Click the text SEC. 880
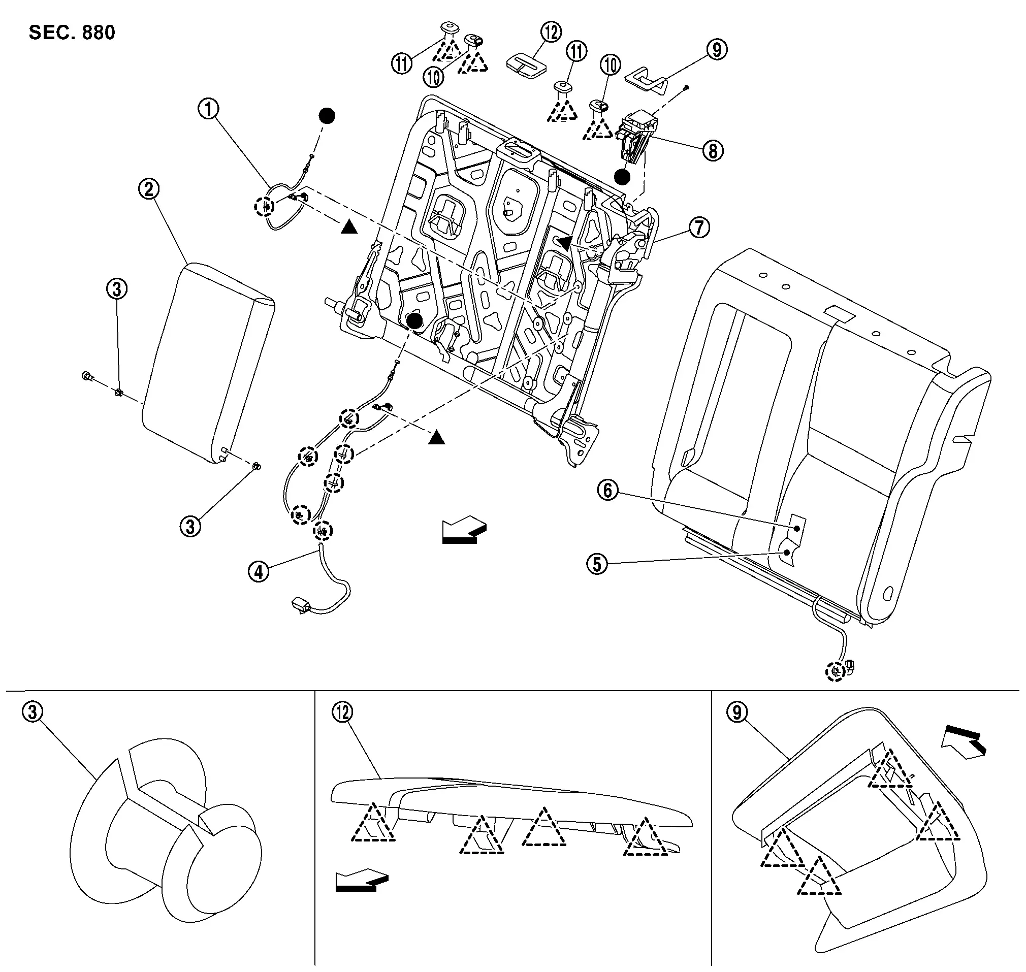(72, 33)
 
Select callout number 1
(209, 109)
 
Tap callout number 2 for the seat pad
(149, 189)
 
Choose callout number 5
(597, 564)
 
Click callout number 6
(608, 490)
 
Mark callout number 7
(699, 227)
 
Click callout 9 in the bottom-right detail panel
(737, 712)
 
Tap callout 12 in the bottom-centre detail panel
(342, 712)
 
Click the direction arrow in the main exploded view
(464, 531)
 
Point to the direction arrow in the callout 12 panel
(362, 880)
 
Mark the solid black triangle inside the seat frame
(565, 242)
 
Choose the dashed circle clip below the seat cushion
(835, 671)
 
